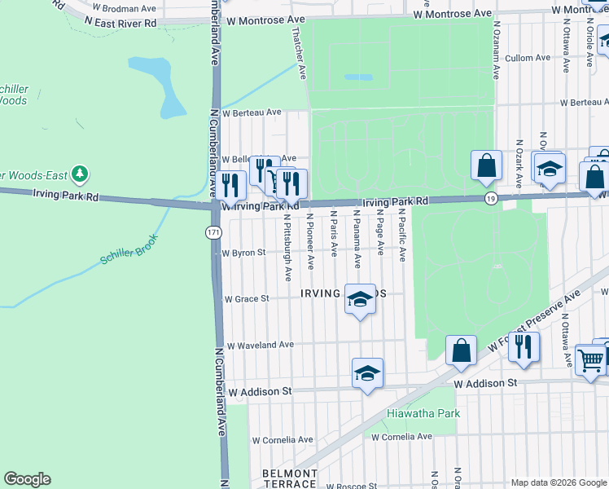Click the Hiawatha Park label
[423, 413]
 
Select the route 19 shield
[489, 199]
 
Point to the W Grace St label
[246, 299]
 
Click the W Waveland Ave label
[260, 345]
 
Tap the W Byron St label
[244, 253]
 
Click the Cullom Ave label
[528, 58]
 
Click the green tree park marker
[79, 174]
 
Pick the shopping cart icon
[590, 359]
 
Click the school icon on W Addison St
[367, 373]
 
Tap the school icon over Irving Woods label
[360, 298]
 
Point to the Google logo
[27, 479]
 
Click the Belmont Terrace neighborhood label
[289, 478]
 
